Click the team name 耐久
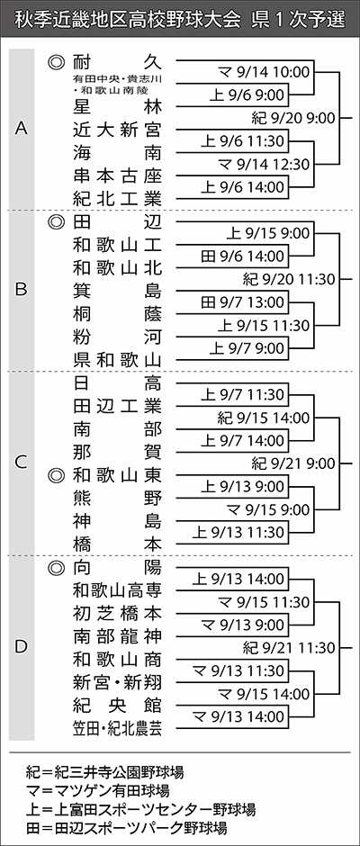[x=117, y=60]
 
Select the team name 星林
[x=117, y=107]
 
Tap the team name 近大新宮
[x=117, y=130]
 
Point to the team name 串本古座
[x=117, y=175]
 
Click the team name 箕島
[x=117, y=291]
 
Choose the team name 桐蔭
[x=117, y=314]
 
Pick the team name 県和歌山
[x=117, y=360]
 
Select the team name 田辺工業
[x=117, y=406]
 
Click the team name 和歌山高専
[x=117, y=590]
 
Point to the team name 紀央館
[x=117, y=706]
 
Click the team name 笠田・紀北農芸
[x=117, y=728]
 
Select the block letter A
[x=21, y=129]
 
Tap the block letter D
[x=21, y=646]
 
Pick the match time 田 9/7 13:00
[x=242, y=302]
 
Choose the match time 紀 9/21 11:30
[x=289, y=647]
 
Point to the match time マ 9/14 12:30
[x=264, y=164]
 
